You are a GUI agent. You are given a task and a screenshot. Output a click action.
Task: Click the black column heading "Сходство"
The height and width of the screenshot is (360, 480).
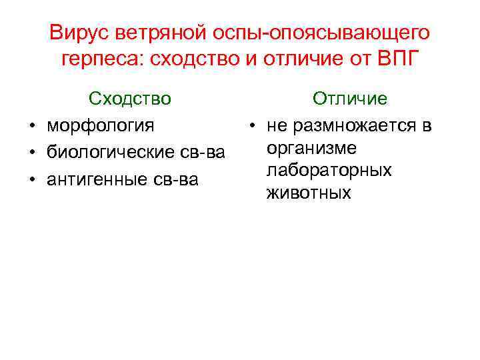(130, 99)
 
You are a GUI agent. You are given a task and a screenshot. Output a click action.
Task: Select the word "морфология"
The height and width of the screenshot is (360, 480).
(100, 125)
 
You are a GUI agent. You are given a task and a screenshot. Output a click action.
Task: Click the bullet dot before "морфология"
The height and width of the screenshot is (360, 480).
(31, 125)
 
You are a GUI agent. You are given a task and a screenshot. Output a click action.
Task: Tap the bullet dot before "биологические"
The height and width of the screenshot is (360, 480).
(31, 153)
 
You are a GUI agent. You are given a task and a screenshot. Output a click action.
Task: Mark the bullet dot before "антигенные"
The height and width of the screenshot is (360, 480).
(31, 180)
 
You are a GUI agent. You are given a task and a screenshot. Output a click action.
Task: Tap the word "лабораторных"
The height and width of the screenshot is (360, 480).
(329, 171)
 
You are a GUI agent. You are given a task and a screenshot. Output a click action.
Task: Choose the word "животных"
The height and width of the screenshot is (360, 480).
(308, 193)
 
